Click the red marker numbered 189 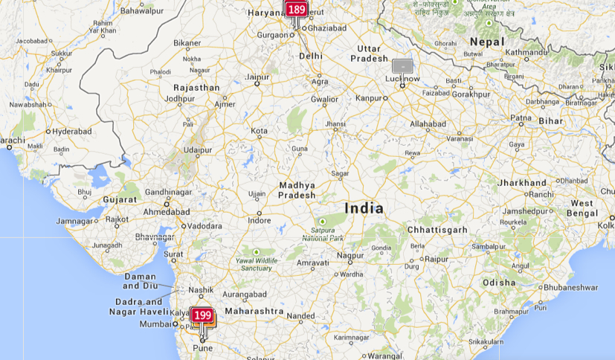[296, 10]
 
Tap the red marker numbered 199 [202, 315]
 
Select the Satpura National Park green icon [323, 222]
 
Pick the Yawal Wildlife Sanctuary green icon [256, 251]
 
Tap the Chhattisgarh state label [438, 230]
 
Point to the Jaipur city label [257, 77]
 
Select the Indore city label [260, 221]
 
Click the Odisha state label [498, 283]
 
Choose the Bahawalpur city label [142, 11]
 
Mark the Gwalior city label [324, 99]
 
